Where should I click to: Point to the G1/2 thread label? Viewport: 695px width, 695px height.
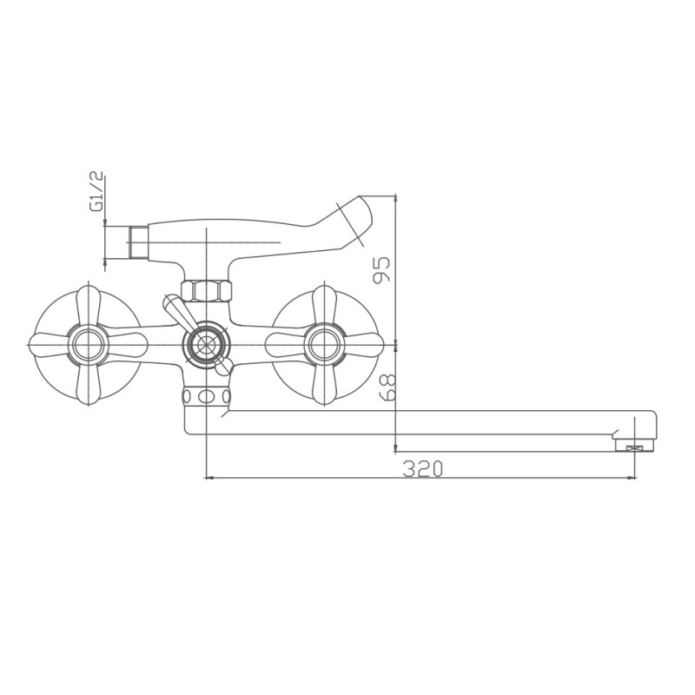[x=97, y=192]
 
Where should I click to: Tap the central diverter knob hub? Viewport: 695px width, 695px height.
[x=206, y=343]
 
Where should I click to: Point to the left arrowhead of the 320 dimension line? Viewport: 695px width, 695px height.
[x=209, y=477]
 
